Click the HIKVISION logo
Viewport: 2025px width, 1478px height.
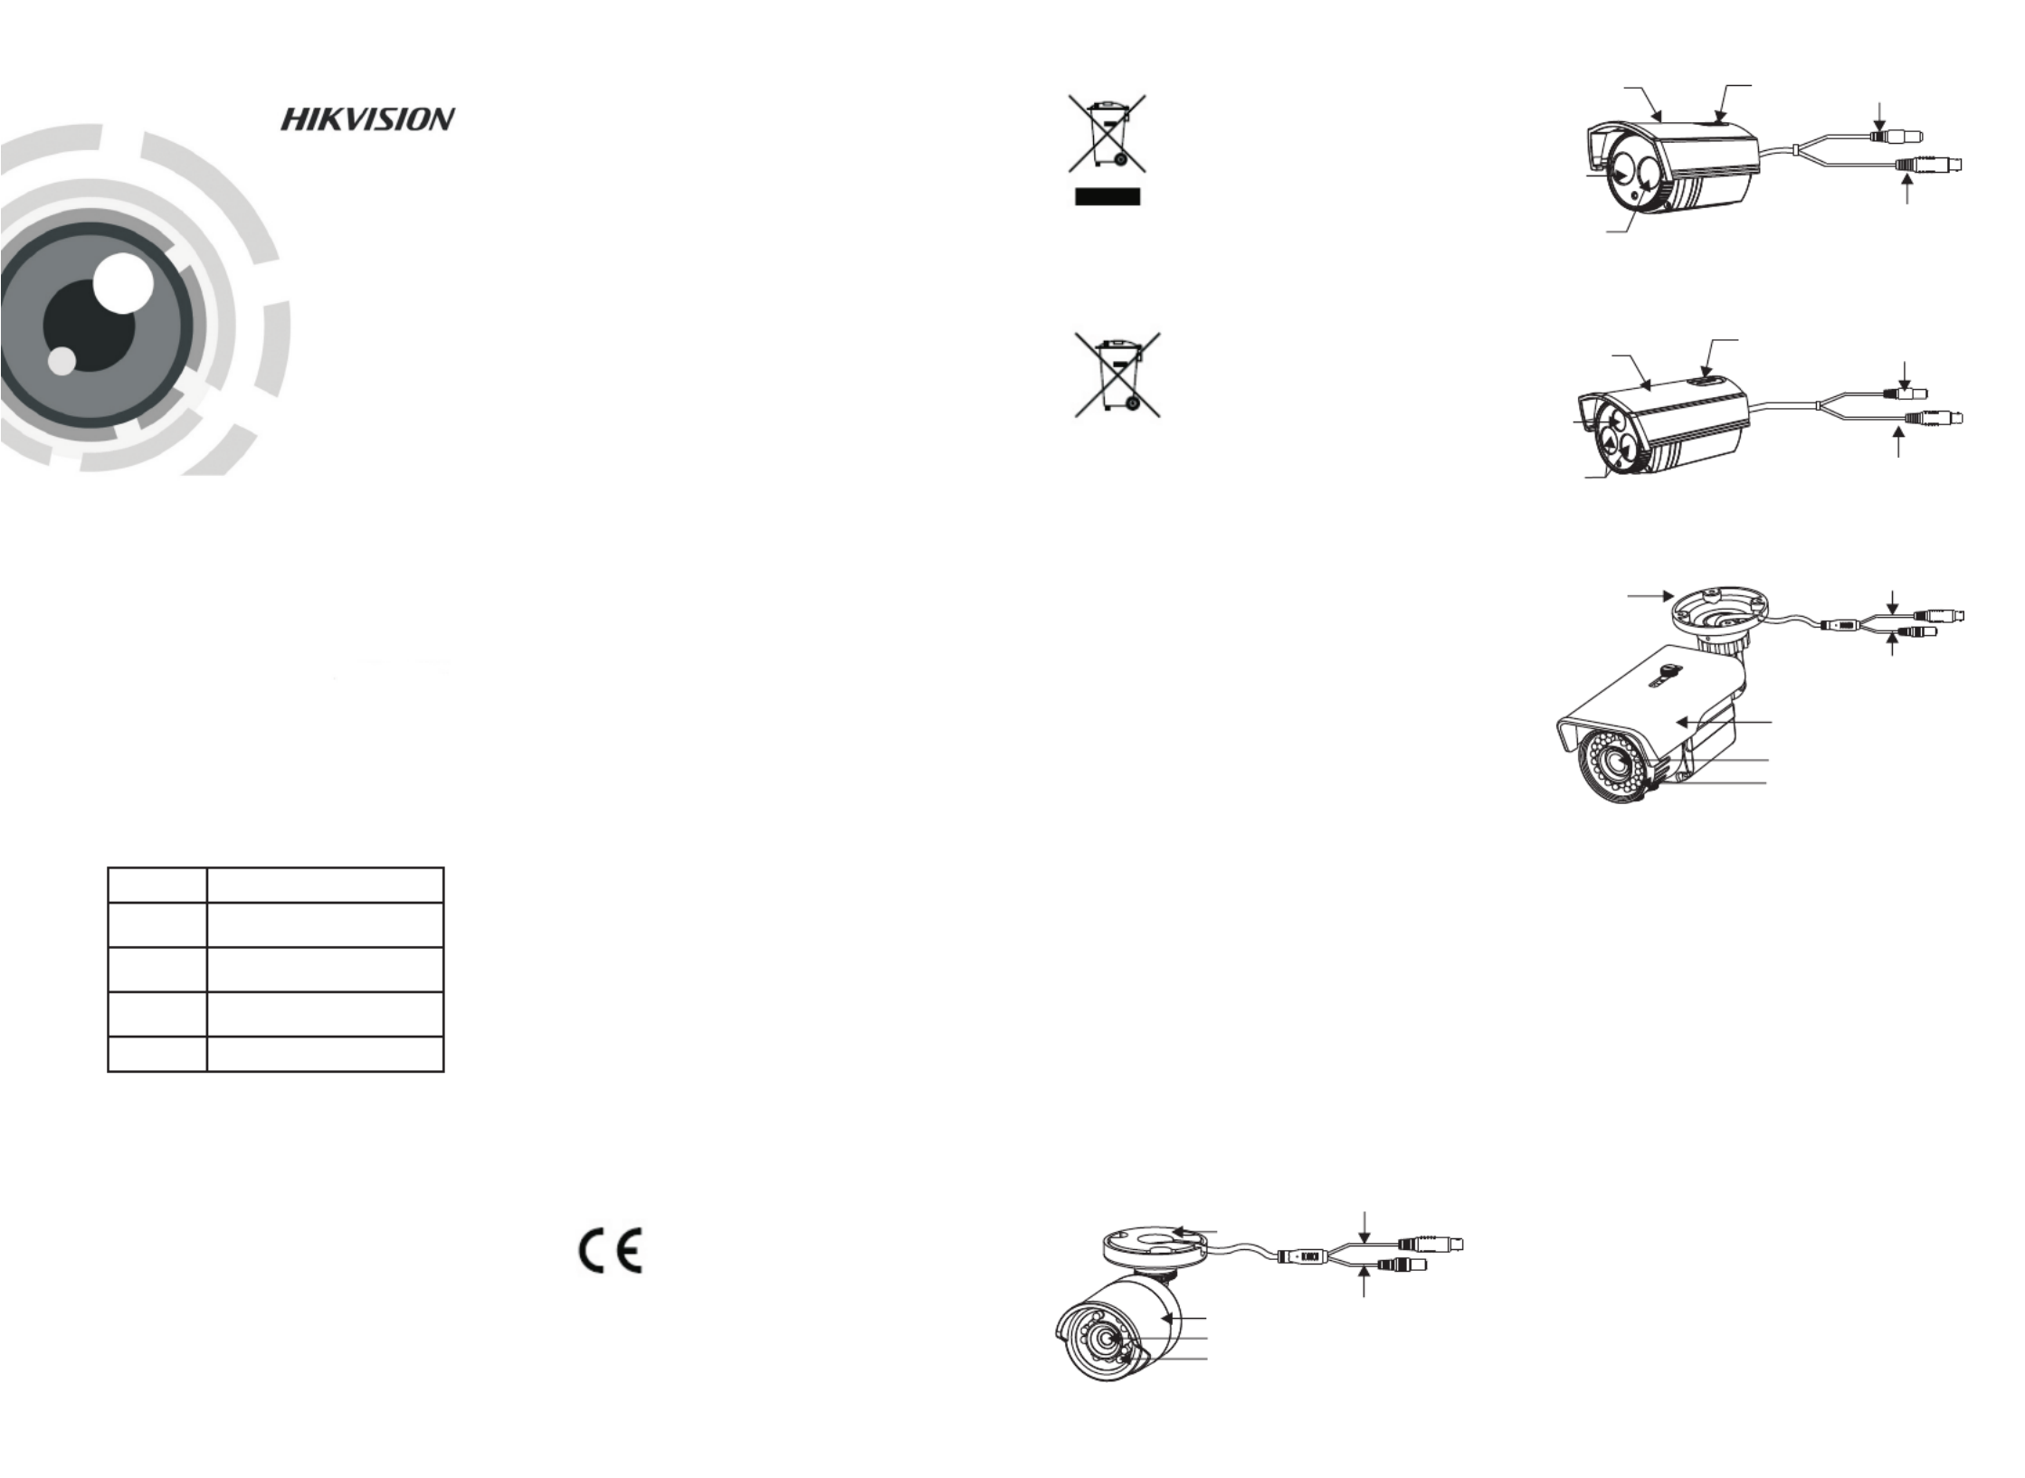point(367,119)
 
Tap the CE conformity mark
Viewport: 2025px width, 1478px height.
point(611,1251)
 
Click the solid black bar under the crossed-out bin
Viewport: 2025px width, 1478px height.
point(1108,197)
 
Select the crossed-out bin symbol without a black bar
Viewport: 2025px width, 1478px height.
point(1117,374)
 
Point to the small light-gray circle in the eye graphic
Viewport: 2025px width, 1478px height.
point(62,360)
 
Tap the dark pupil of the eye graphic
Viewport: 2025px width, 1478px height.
point(89,326)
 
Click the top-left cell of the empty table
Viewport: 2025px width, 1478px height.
point(157,885)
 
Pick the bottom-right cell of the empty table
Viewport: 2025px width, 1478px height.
point(325,1054)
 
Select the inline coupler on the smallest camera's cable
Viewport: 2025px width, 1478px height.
point(1304,1256)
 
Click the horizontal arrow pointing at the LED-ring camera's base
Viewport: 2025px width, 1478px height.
point(1649,596)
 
